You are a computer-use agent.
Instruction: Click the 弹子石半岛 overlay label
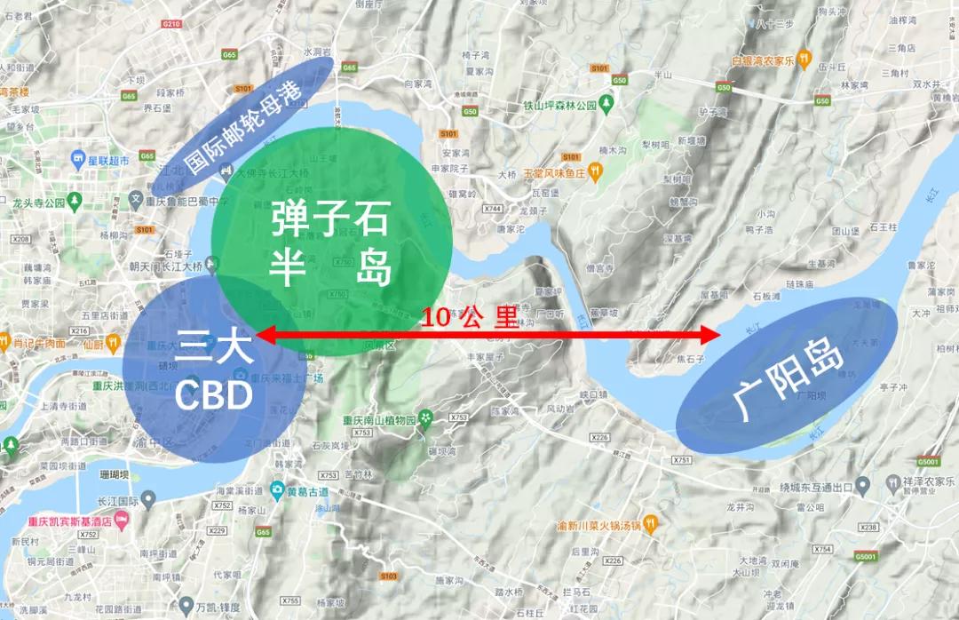tap(329, 242)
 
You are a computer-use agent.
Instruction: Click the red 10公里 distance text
tap(469, 318)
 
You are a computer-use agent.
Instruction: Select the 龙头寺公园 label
tap(41, 203)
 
